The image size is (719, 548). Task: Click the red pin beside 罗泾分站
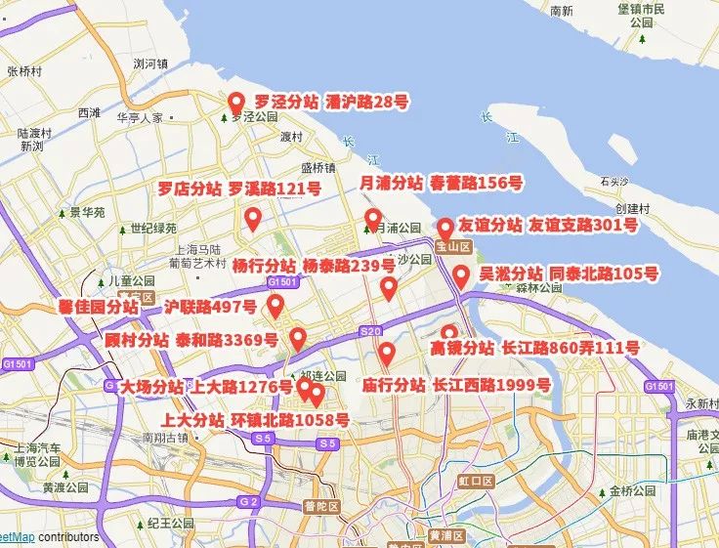tap(235, 102)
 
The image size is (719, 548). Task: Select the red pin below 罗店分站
tap(253, 219)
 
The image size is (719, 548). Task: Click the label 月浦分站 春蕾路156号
tap(442, 183)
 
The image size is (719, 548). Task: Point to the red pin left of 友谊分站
tap(444, 229)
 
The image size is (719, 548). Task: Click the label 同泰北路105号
tap(603, 274)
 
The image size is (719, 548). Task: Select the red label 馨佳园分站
tap(99, 308)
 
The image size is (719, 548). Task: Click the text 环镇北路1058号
tap(290, 420)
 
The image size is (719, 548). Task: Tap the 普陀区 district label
tap(319, 506)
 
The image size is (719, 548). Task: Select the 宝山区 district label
tap(453, 247)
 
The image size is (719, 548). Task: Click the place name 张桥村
tap(22, 71)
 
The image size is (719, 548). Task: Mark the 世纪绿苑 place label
tap(153, 229)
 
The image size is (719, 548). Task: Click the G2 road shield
tap(249, 502)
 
